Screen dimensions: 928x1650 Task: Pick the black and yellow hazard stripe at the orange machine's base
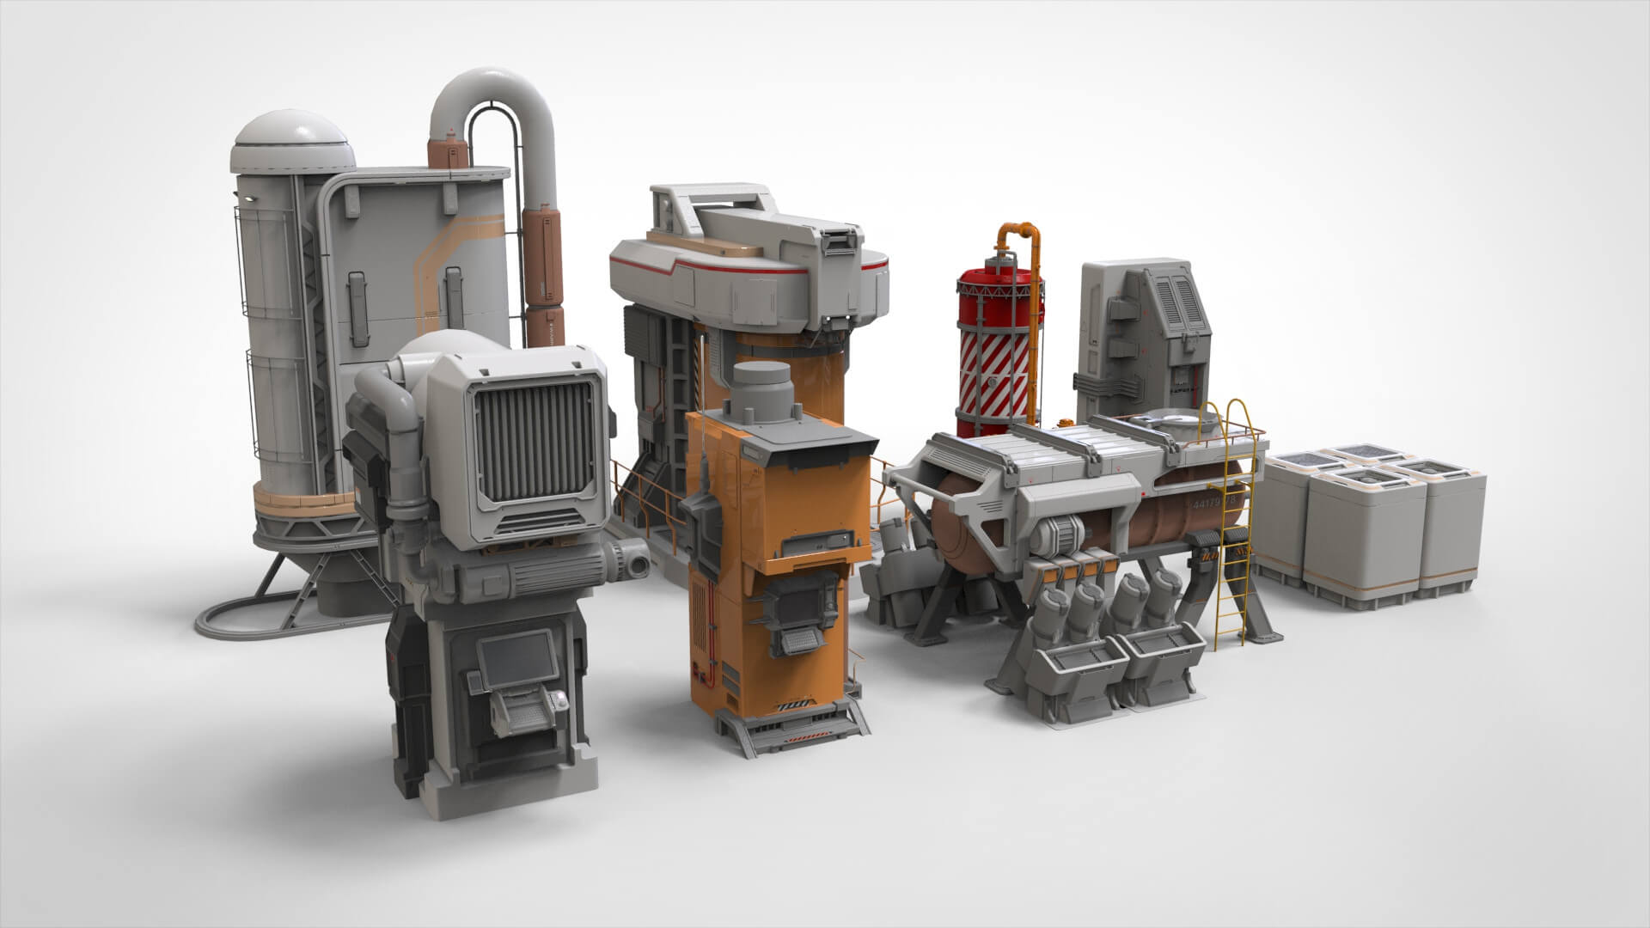795,706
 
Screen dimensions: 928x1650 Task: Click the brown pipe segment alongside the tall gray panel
545,258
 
